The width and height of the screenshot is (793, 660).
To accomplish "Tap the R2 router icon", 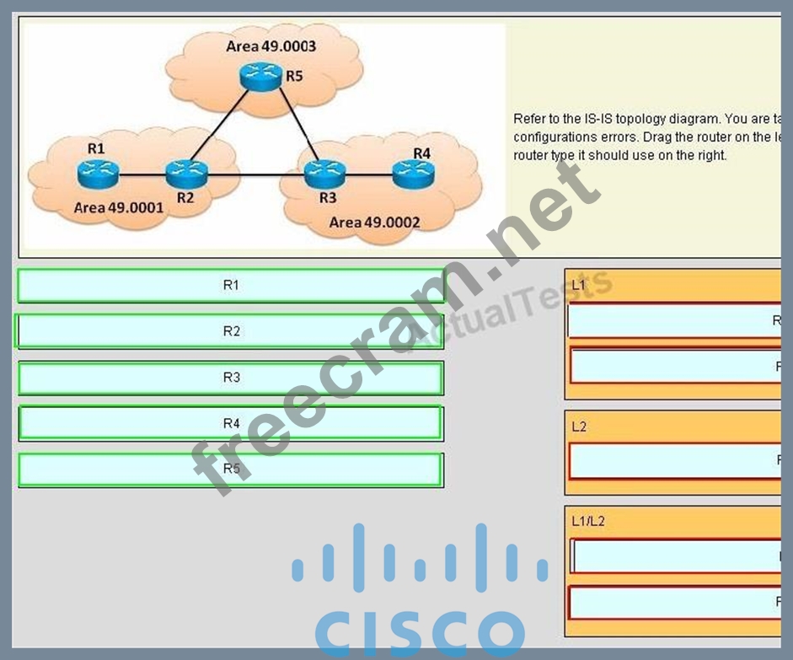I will click(180, 173).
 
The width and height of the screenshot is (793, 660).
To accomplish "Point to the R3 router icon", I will click(320, 174).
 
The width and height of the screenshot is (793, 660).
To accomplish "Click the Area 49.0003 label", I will click(271, 46).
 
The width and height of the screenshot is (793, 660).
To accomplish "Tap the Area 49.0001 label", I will click(118, 207).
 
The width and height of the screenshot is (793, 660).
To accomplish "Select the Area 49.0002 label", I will click(374, 223).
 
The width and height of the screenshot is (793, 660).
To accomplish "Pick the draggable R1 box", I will click(231, 286).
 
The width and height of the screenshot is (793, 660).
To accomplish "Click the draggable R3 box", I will click(231, 378).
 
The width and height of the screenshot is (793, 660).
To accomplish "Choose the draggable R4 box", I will click(231, 423).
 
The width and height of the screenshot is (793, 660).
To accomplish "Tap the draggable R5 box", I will click(231, 470).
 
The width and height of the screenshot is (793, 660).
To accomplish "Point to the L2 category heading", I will click(579, 427).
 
